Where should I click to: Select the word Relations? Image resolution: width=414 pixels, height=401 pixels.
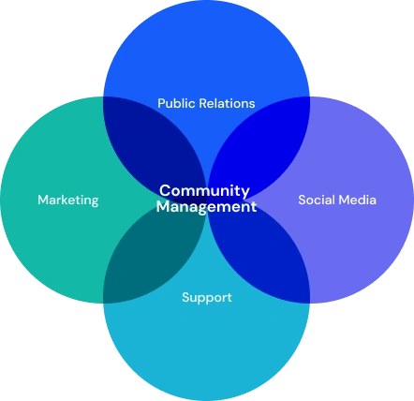point(227,103)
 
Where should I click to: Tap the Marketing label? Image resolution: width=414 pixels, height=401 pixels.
point(68,200)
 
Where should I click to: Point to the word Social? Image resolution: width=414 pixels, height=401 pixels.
point(316,200)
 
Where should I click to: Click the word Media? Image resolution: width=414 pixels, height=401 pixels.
point(357,200)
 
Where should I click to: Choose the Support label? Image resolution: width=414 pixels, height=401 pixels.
point(207,298)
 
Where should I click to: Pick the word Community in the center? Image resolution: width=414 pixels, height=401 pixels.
point(204,191)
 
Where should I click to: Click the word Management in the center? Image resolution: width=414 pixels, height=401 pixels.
point(206,207)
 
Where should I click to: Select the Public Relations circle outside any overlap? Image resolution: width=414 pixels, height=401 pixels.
point(207,53)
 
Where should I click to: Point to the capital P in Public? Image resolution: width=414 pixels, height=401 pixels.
point(161,103)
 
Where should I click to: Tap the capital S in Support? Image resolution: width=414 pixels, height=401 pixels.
point(185,297)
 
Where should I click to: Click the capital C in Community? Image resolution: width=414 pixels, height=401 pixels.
point(165,190)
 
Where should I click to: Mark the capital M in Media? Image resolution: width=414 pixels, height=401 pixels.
point(344,200)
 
